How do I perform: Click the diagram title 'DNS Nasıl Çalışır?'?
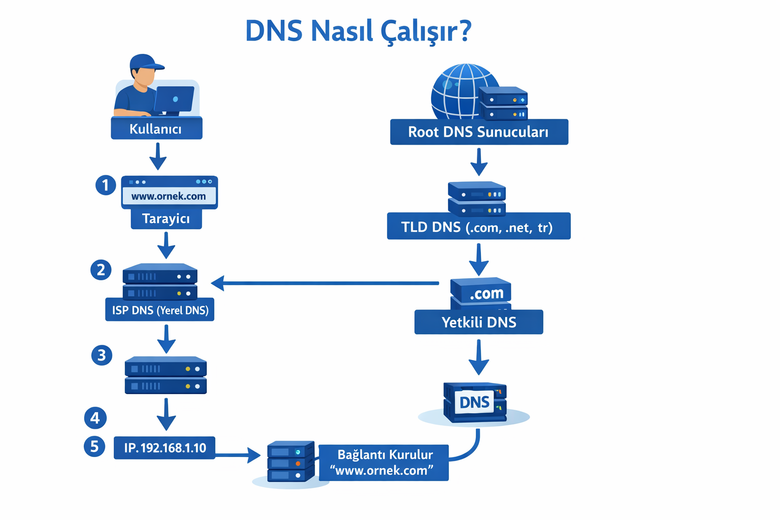[x=359, y=31]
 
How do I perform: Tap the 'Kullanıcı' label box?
[x=156, y=128]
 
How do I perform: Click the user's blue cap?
[x=145, y=62]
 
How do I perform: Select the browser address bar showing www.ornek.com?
[x=169, y=196]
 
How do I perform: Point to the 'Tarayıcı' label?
[x=166, y=219]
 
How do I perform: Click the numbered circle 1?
[x=106, y=185]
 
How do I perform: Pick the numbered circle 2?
[x=101, y=270]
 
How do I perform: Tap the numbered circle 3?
[x=102, y=355]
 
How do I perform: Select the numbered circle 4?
[x=95, y=418]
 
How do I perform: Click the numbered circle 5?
[x=94, y=447]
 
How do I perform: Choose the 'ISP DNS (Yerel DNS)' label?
[x=160, y=310]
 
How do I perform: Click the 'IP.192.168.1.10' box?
[x=165, y=448]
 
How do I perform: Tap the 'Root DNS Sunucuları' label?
[x=478, y=132]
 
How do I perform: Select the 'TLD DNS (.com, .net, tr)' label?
[x=478, y=226]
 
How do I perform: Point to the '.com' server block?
[x=481, y=292]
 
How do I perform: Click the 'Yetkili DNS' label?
[x=478, y=322]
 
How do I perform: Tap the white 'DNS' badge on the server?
[x=474, y=402]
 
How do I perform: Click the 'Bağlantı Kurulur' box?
[x=384, y=463]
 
